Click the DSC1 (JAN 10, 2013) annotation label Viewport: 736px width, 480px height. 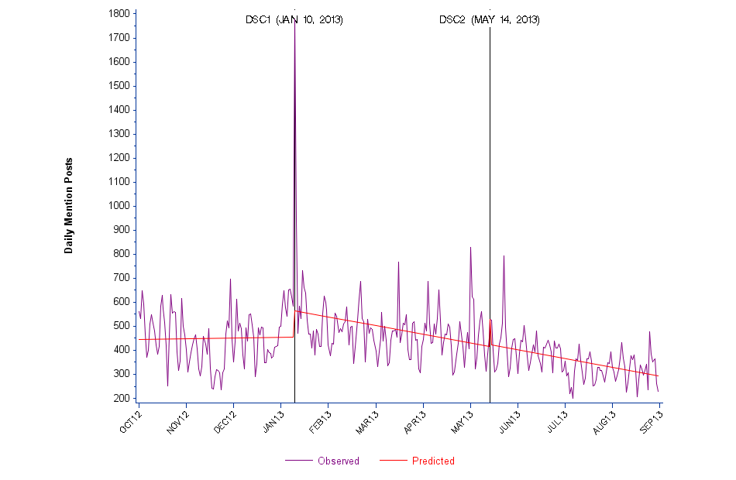(x=294, y=19)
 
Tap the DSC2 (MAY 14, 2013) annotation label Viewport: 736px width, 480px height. (x=490, y=19)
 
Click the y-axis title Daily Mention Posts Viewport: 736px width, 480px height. (x=69, y=205)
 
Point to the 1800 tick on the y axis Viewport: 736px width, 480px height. (x=119, y=14)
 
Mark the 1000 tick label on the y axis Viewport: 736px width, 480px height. (x=119, y=206)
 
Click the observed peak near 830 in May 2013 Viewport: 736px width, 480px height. (x=470, y=248)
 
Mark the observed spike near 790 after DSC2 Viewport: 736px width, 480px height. (x=504, y=256)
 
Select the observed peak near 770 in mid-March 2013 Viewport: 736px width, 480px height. (x=398, y=262)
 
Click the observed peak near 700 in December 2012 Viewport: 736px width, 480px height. (x=230, y=279)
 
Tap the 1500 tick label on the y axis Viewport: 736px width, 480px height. (x=119, y=86)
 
